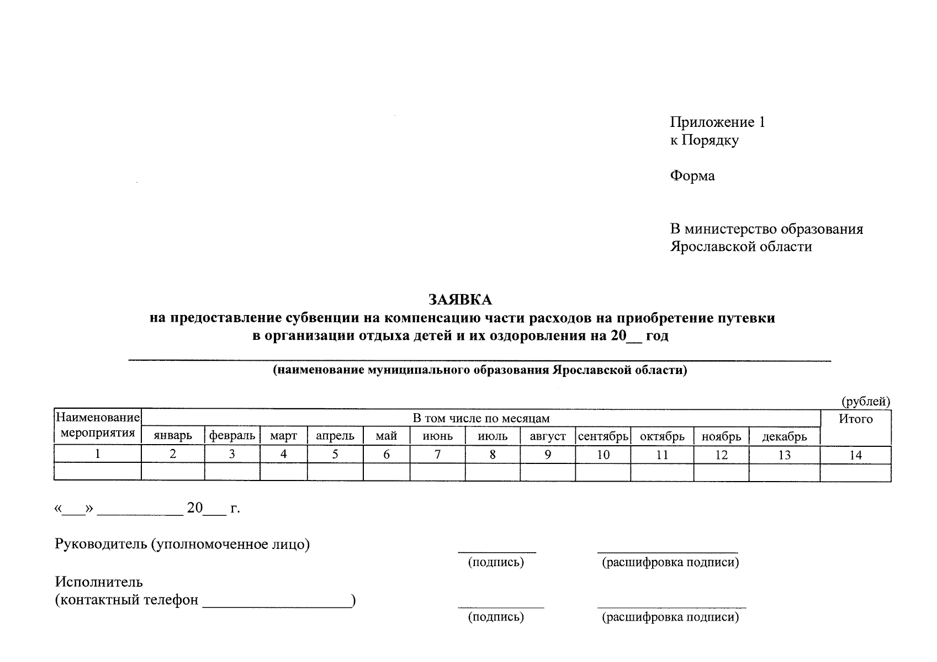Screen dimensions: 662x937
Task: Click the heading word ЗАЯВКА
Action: [460, 300]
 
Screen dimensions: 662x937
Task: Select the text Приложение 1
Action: [717, 122]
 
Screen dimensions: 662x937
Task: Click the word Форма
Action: [692, 176]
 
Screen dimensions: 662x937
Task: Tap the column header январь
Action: [173, 436]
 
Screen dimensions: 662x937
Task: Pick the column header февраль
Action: [232, 436]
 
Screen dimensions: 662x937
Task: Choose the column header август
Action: [548, 436]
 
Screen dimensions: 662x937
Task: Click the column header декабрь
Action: [784, 437]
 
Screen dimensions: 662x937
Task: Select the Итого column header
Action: [855, 419]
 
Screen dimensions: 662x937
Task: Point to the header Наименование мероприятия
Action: [98, 425]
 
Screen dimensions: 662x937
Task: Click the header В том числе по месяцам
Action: [481, 418]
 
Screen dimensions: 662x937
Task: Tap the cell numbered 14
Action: [855, 456]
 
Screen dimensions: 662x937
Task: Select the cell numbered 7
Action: [437, 455]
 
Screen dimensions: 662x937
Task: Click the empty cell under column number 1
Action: [98, 472]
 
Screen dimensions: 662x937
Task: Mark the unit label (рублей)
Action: [865, 401]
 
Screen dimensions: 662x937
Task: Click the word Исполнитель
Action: [99, 582]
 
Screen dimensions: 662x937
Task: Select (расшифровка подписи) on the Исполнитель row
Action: [670, 617]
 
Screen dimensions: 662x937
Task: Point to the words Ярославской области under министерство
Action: [740, 247]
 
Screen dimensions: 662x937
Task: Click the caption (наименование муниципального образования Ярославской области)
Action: [479, 370]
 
